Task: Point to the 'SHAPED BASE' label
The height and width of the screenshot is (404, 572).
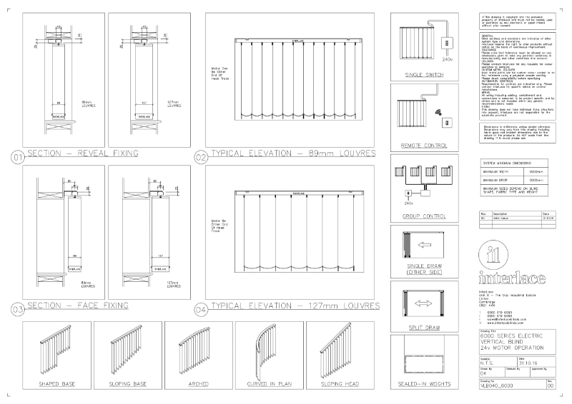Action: tap(57, 384)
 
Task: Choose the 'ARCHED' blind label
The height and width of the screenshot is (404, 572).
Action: tap(198, 384)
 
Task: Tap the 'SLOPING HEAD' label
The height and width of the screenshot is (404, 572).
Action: tap(340, 384)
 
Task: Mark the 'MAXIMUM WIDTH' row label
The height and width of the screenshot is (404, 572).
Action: tap(495, 172)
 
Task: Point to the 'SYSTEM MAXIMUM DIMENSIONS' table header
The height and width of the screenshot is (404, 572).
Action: tap(505, 163)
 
